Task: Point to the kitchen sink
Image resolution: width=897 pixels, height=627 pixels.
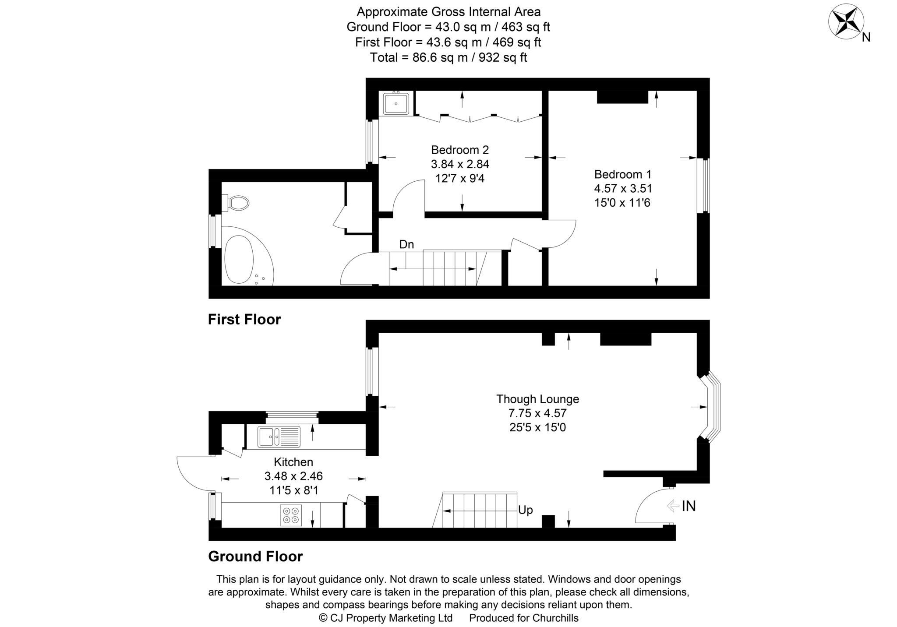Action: pyautogui.click(x=279, y=437)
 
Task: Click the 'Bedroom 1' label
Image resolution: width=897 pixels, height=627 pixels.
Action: pyautogui.click(x=623, y=174)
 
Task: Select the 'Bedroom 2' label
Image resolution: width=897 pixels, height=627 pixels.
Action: pyautogui.click(x=460, y=150)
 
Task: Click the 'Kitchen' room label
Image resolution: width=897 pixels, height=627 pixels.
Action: pyautogui.click(x=293, y=462)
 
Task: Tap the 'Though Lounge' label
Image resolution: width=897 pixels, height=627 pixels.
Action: pyautogui.click(x=537, y=399)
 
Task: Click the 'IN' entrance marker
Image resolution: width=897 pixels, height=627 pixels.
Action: pyautogui.click(x=689, y=506)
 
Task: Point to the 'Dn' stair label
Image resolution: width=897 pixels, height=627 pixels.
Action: pyautogui.click(x=406, y=244)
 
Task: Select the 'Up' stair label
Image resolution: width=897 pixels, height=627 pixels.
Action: pyautogui.click(x=525, y=510)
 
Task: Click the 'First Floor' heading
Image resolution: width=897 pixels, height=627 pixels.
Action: pyautogui.click(x=244, y=320)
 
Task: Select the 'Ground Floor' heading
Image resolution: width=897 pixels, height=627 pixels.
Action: pyautogui.click(x=255, y=557)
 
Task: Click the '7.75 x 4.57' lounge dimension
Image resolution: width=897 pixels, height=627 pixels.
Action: pyautogui.click(x=537, y=413)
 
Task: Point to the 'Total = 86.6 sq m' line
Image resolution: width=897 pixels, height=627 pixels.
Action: pyautogui.click(x=448, y=57)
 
